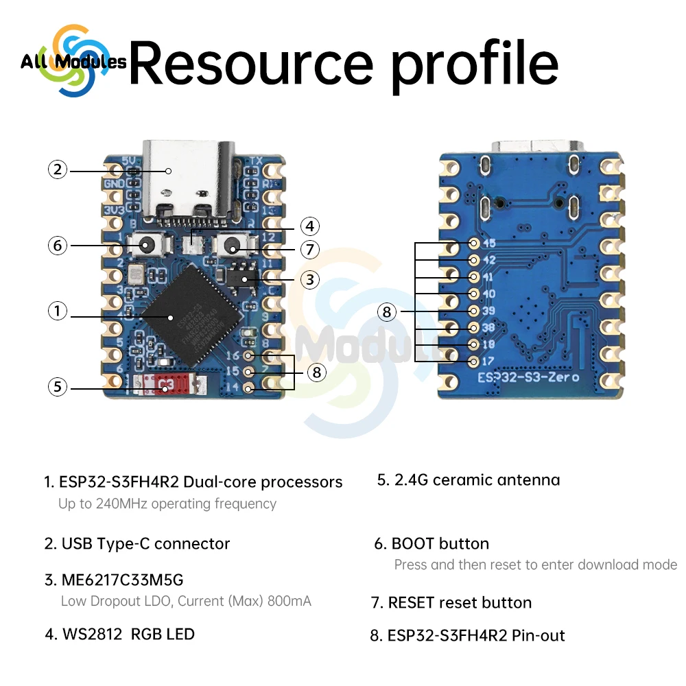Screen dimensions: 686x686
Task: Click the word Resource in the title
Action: tap(251, 63)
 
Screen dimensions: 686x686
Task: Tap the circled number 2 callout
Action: tap(58, 169)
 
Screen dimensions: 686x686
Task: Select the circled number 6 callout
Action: tap(58, 245)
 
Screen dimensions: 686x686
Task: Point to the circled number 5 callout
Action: tap(58, 387)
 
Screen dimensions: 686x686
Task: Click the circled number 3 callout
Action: tap(310, 279)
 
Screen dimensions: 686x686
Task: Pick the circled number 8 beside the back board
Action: tap(387, 312)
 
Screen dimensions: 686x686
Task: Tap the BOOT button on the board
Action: tap(147, 245)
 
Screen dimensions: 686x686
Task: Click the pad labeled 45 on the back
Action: tap(473, 244)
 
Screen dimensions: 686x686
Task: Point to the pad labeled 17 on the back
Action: tap(473, 360)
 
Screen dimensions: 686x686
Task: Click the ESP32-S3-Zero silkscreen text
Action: tap(528, 377)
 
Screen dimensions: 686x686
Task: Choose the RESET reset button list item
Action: tap(460, 603)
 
